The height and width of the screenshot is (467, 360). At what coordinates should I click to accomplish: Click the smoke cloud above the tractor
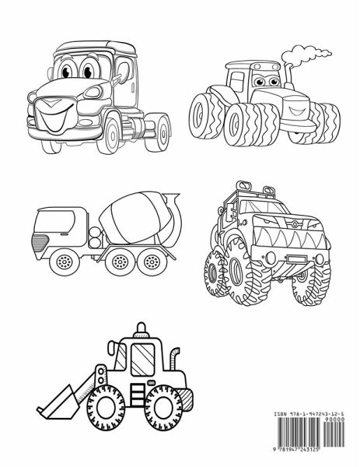click(x=305, y=54)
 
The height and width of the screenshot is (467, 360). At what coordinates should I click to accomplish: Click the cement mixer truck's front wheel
click(x=65, y=262)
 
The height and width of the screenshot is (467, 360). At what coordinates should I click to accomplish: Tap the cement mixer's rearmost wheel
click(x=152, y=262)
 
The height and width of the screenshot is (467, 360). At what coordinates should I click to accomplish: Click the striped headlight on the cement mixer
click(x=40, y=242)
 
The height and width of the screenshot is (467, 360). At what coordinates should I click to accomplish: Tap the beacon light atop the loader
click(x=142, y=330)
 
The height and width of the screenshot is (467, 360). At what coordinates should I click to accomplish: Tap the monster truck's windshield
click(x=262, y=207)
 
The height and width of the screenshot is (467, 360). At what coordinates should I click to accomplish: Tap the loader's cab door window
click(x=143, y=360)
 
